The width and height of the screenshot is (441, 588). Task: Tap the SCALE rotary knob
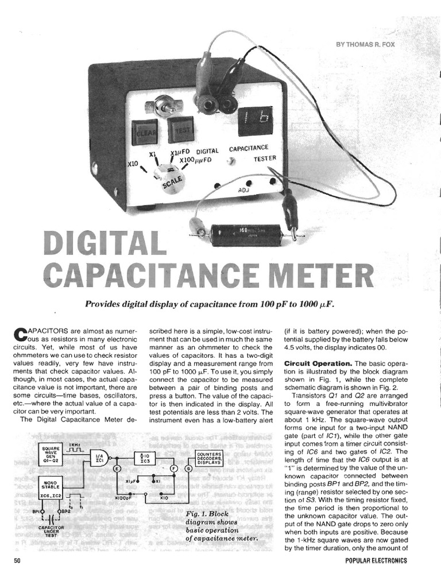pos(171,176)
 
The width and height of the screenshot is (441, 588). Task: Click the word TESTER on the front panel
pos(265,158)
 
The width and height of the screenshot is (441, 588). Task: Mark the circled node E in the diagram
pos(117,470)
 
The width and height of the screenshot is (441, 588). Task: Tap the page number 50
pos(17,560)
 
